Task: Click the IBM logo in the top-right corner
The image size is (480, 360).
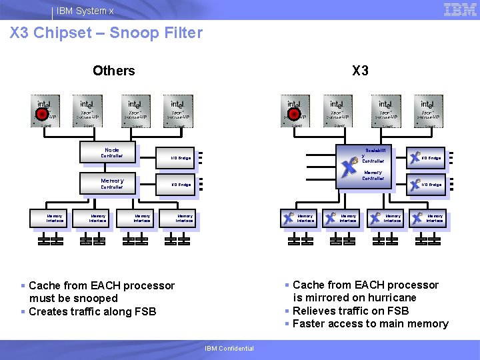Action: [x=460, y=9]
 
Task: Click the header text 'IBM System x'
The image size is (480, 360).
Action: [x=85, y=11]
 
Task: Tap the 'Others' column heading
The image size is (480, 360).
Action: [x=113, y=71]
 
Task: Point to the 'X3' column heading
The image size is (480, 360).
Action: [x=360, y=71]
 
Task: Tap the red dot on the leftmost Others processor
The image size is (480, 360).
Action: [x=41, y=114]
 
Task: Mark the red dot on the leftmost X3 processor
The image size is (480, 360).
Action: [x=293, y=114]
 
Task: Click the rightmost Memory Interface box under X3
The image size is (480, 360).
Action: [x=429, y=218]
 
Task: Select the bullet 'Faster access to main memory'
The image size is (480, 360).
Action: [x=370, y=323]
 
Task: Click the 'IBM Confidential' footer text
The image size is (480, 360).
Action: [x=229, y=348]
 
